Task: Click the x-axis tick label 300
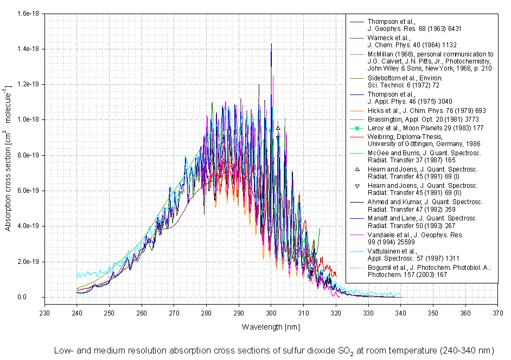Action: pos(271,313)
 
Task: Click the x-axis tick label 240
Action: pos(77,313)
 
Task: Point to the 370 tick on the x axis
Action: pos(497,313)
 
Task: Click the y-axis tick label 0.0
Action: pos(35,297)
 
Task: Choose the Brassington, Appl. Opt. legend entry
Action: pos(418,119)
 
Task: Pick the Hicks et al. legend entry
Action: pos(423,111)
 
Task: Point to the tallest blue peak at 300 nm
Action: pos(271,45)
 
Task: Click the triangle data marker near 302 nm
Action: pos(278,128)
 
